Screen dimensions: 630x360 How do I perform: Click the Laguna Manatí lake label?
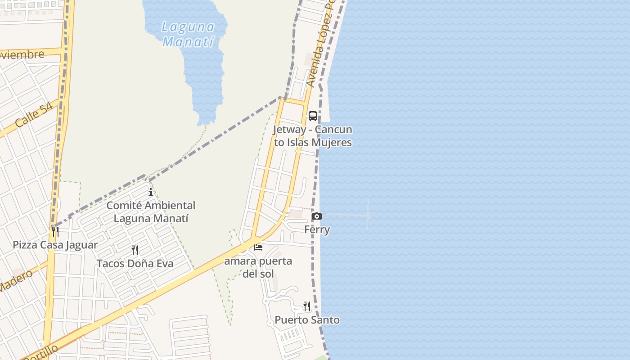(x=188, y=34)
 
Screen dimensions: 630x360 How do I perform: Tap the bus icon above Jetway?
(x=312, y=116)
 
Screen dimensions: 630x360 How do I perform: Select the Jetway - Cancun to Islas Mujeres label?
(x=313, y=136)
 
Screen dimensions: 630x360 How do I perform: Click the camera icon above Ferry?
(x=317, y=216)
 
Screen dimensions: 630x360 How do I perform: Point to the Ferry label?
(x=317, y=229)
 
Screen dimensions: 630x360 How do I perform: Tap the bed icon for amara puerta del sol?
(x=258, y=247)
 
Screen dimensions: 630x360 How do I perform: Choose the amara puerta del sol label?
(x=258, y=267)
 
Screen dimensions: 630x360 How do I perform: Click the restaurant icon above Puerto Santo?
(x=307, y=306)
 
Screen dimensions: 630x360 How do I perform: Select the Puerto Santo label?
(x=307, y=320)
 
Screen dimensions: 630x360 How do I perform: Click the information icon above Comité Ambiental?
(x=151, y=193)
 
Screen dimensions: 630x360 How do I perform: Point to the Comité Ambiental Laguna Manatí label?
(x=151, y=212)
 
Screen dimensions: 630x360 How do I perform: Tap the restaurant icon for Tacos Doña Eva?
(x=135, y=250)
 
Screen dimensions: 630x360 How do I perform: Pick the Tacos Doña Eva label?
(x=135, y=263)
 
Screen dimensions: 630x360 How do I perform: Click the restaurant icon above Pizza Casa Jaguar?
(x=55, y=232)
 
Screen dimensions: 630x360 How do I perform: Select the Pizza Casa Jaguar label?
(x=55, y=245)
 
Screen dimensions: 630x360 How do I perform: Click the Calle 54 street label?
(x=34, y=115)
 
